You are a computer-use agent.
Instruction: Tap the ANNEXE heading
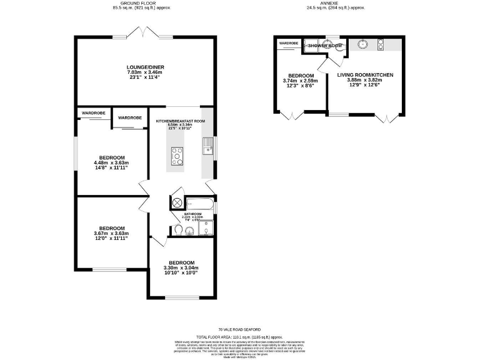(x=334, y=4)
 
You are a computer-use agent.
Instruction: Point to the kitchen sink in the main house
(x=207, y=148)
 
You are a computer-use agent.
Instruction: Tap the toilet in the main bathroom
(x=179, y=230)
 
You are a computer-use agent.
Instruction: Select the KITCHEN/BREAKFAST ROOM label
(x=181, y=119)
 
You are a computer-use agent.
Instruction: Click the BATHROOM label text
(x=193, y=214)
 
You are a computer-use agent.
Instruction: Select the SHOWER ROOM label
(x=325, y=46)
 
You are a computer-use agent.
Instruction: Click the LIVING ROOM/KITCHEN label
(x=366, y=75)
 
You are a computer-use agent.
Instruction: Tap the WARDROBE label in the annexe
(x=289, y=43)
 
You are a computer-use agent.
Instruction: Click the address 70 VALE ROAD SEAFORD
(x=240, y=329)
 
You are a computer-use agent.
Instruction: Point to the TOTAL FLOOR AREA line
(x=240, y=336)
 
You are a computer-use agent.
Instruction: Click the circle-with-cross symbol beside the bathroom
(x=176, y=202)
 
